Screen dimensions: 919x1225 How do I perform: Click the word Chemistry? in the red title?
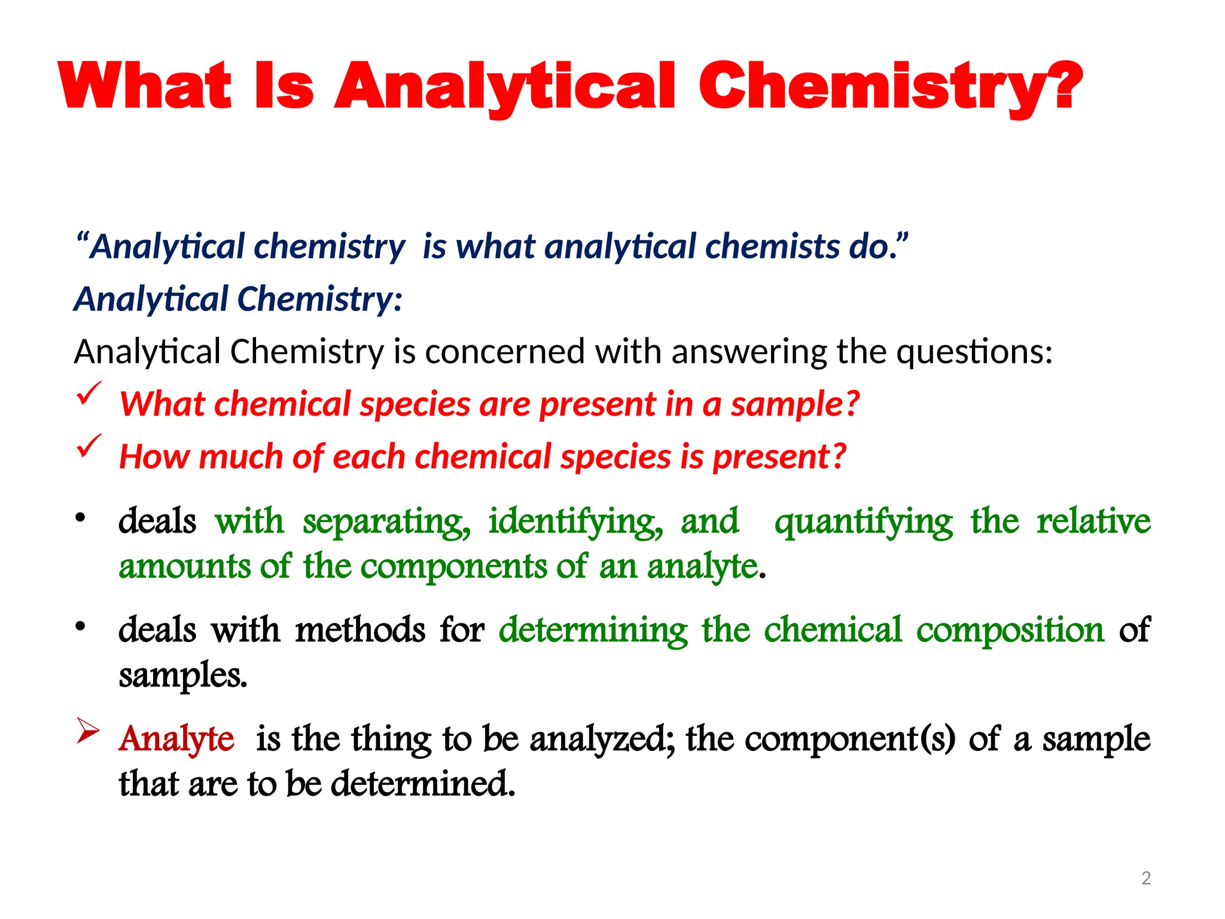890,87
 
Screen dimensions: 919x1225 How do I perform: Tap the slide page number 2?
1146,878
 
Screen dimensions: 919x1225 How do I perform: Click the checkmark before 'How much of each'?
89,446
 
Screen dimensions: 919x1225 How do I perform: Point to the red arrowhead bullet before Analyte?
87,731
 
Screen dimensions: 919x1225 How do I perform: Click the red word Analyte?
176,738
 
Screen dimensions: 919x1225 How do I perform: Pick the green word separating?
386,522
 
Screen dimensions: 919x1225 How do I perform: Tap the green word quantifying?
863,522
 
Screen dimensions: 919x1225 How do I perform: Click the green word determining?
593,631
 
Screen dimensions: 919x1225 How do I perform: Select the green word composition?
1010,631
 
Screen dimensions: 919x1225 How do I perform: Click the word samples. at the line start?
183,676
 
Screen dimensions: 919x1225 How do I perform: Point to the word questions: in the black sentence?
974,351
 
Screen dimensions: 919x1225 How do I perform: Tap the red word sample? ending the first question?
795,404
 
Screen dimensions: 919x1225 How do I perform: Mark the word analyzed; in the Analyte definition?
603,738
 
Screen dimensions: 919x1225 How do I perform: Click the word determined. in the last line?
423,784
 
